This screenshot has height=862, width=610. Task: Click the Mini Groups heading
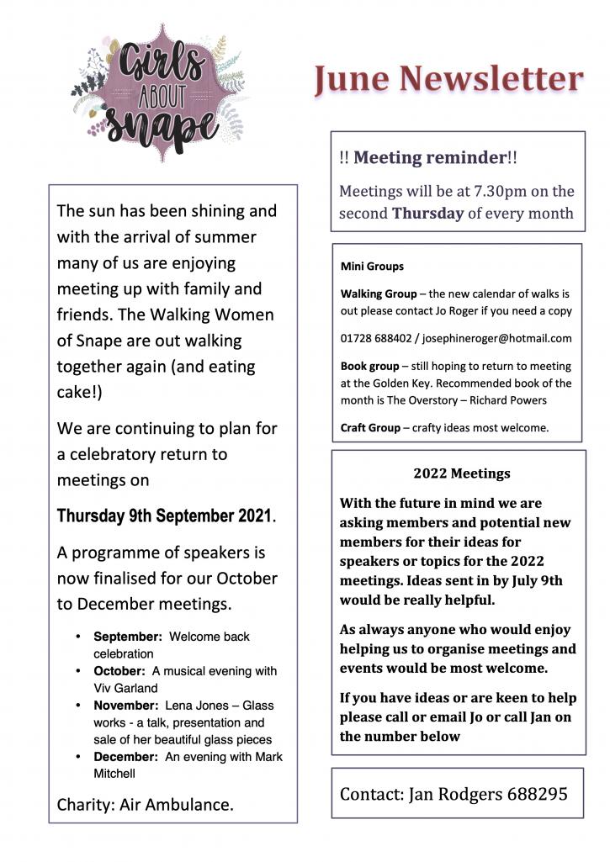point(372,267)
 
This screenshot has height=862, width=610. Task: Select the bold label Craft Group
point(370,427)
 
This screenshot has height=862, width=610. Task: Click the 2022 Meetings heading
point(461,473)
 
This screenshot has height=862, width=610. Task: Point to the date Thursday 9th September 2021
point(164,516)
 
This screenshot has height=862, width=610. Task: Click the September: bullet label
point(128,637)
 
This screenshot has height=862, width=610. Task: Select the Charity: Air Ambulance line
point(145,804)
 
